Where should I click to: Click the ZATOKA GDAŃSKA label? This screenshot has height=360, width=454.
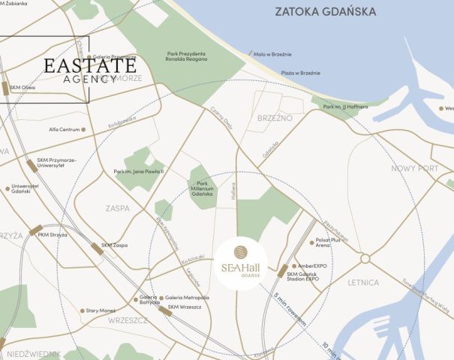325,12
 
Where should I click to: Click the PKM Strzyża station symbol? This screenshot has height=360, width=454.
36,229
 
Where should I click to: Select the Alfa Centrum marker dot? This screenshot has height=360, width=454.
83,130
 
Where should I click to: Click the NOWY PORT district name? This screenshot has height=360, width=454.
414,168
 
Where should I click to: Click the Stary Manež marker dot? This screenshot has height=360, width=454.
82,310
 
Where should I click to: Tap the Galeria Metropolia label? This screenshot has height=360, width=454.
188,298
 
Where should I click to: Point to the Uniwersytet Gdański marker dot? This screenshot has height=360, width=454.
8,188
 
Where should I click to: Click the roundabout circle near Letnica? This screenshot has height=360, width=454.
365,258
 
